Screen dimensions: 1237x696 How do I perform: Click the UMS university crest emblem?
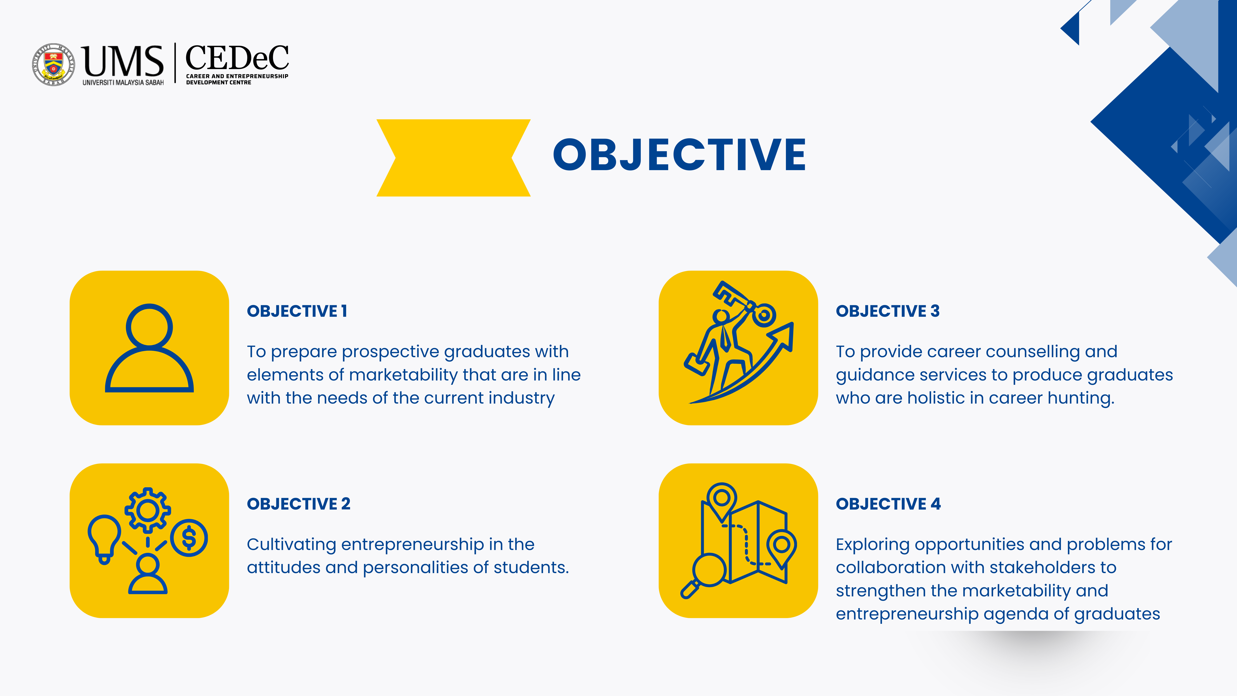(x=53, y=64)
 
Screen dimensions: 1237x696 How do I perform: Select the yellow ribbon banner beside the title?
(x=453, y=158)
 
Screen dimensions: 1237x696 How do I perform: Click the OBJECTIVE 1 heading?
(x=297, y=311)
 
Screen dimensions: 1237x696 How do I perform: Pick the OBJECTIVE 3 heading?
(x=887, y=311)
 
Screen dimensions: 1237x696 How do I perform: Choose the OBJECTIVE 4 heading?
(x=888, y=504)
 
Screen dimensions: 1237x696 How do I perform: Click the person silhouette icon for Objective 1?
(x=149, y=348)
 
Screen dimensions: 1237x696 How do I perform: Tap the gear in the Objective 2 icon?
(x=147, y=510)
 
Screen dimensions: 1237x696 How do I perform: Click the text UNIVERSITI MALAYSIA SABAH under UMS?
(x=123, y=83)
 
